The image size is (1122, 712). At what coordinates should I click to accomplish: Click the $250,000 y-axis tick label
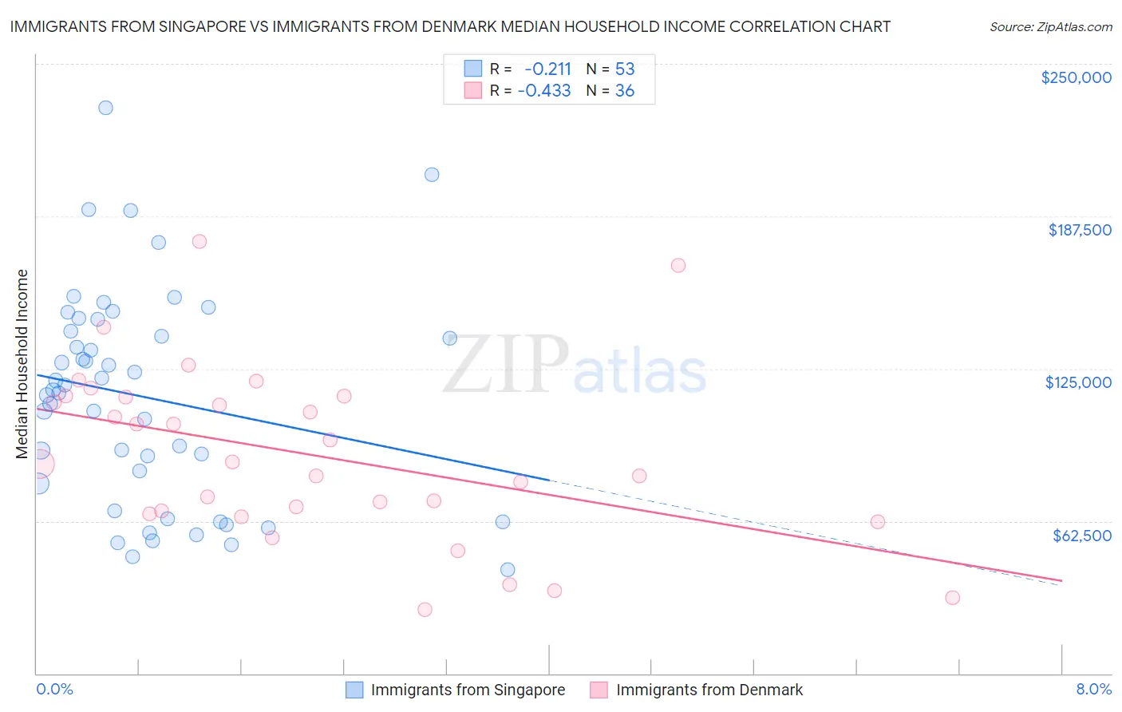(1076, 77)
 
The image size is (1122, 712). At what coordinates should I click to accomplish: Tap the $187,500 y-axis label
(1079, 230)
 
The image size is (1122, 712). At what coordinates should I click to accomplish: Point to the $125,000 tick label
(1078, 382)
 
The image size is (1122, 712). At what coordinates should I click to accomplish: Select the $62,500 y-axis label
(1081, 536)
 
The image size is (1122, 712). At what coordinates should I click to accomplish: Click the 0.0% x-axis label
(54, 689)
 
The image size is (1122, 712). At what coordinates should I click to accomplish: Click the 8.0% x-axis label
(1093, 689)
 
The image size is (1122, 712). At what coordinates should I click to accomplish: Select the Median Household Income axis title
(22, 364)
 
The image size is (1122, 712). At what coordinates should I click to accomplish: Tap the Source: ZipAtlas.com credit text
(1050, 26)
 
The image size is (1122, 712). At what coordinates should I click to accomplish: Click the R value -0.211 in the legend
(547, 69)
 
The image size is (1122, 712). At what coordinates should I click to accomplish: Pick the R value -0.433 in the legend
(544, 90)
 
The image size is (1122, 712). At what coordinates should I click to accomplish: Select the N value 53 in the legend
(625, 69)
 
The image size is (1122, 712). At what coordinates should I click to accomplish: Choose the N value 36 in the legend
(625, 90)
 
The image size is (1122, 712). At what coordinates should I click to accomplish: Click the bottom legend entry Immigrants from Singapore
(468, 690)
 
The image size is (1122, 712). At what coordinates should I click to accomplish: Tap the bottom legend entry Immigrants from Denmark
(709, 690)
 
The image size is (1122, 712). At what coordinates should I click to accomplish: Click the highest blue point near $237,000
(105, 108)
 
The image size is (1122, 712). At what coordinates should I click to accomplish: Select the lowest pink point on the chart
(425, 610)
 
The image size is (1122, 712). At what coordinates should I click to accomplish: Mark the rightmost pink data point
(952, 598)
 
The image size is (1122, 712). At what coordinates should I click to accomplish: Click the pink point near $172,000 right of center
(678, 266)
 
